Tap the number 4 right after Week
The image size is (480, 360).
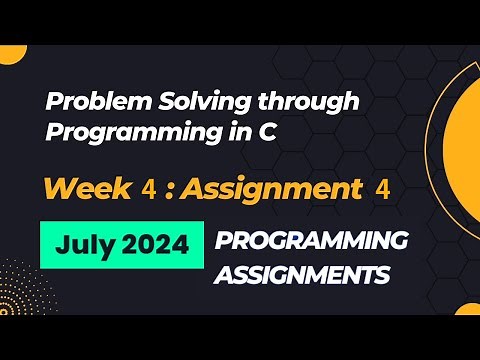click(148, 190)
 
